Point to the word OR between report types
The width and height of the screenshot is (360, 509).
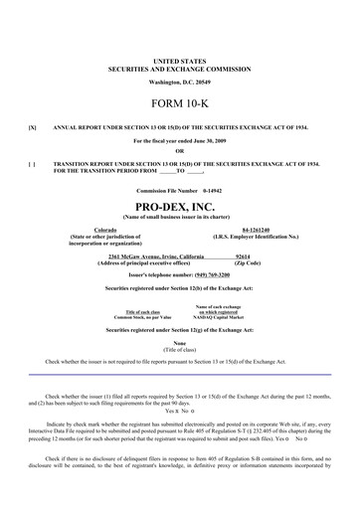[x=180, y=151]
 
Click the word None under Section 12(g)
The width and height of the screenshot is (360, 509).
[x=180, y=343]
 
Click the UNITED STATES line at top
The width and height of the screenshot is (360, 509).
[x=180, y=61]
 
